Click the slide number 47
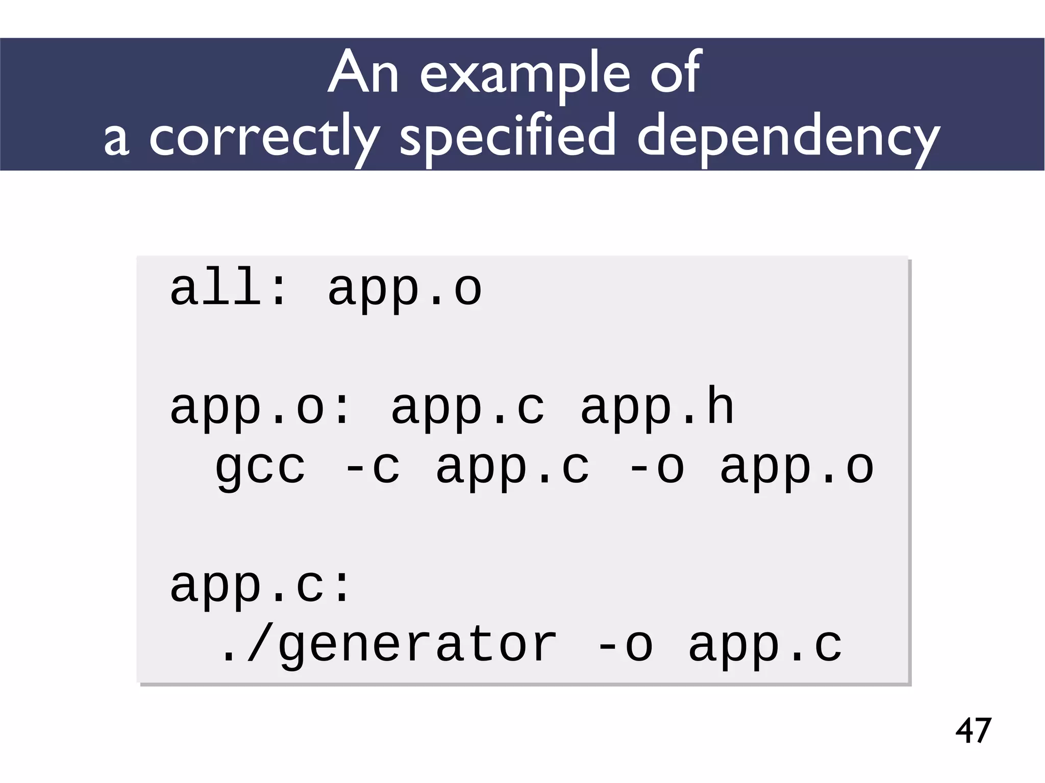pos(973,730)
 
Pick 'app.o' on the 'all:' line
pos(405,290)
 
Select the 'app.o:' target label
pos(260,408)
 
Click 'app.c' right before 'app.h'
pos(467,408)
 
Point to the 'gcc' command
pos(260,467)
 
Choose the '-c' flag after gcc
pos(372,467)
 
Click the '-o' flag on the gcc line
pos(656,467)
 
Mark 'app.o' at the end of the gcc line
pos(797,467)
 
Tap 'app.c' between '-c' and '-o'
pos(513,467)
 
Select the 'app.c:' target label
pos(260,586)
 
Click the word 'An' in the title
pos(363,74)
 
